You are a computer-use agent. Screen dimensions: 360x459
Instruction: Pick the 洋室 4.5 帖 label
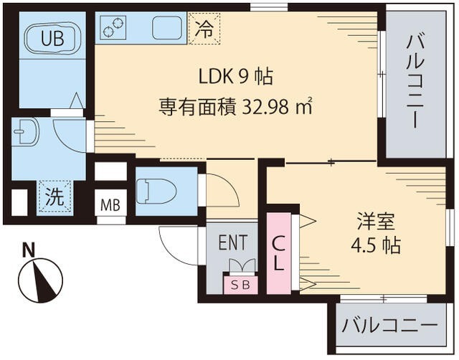[x=375, y=231]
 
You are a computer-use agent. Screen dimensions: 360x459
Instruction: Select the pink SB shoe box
[x=240, y=284]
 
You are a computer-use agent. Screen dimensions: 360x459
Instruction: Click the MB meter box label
[x=110, y=205]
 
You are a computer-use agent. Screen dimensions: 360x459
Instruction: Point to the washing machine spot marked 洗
[x=55, y=198]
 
